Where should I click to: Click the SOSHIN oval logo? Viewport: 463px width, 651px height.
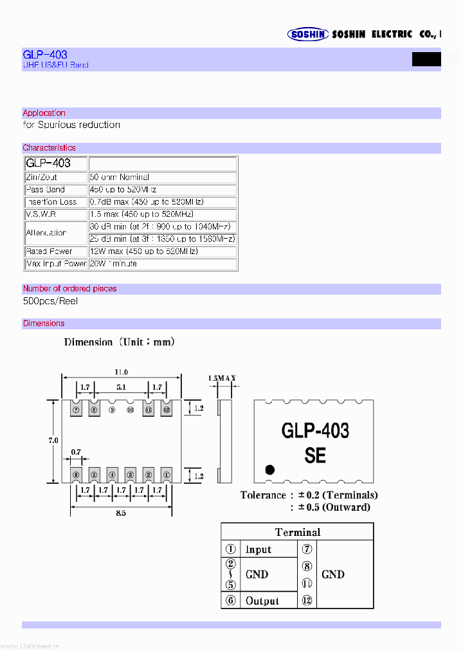pos(308,34)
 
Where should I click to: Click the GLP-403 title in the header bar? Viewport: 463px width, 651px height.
pos(45,55)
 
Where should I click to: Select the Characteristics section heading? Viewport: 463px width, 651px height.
pos(49,148)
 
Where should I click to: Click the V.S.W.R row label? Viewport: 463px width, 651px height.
pos(41,214)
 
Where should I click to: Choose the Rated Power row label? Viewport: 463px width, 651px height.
pos(49,252)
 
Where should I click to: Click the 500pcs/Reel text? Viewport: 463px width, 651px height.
pos(50,301)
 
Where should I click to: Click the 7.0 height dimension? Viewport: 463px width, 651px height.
pos(53,440)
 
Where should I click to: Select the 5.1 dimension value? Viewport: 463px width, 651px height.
pos(121,387)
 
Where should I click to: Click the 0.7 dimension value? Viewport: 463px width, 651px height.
pos(76,452)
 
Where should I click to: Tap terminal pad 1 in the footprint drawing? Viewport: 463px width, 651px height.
pos(166,475)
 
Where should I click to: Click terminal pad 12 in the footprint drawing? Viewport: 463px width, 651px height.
pos(166,409)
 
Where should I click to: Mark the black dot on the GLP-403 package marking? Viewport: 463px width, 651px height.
pos(270,470)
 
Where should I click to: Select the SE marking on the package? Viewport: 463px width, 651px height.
pos(315,455)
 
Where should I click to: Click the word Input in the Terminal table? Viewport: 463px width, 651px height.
pos(259,550)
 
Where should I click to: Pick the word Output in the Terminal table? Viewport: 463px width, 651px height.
pos(262,601)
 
